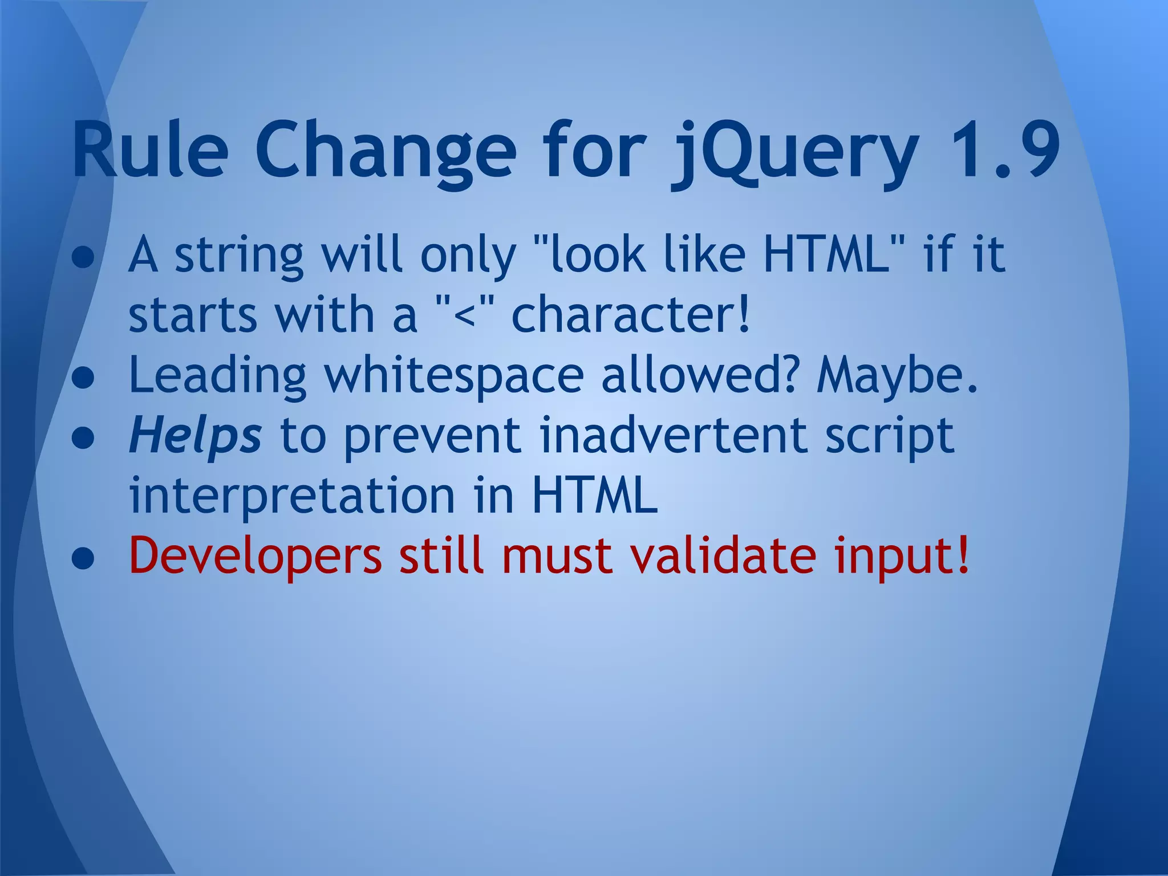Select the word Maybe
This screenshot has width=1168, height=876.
(897, 376)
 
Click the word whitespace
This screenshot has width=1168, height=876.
(454, 376)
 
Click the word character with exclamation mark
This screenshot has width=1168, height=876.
(630, 315)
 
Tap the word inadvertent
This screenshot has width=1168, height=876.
(673, 436)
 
